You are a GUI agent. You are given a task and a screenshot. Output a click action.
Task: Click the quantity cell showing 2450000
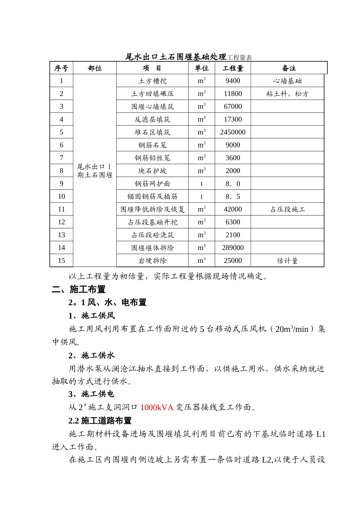(x=233, y=132)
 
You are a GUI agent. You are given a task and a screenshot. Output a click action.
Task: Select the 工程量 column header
(x=233, y=68)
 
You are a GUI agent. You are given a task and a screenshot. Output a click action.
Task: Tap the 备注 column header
(x=289, y=68)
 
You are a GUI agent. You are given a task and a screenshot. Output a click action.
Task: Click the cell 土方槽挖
(x=152, y=81)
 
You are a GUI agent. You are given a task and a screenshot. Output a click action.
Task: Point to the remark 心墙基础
(x=287, y=81)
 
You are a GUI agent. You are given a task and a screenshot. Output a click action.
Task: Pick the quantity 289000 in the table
(x=233, y=248)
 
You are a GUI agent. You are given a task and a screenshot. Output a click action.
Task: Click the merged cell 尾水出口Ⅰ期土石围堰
(x=95, y=171)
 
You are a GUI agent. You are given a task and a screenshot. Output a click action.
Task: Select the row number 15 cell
(x=61, y=261)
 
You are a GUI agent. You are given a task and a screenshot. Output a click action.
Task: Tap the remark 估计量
(x=287, y=261)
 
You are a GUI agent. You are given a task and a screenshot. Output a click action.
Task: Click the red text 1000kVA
(x=157, y=408)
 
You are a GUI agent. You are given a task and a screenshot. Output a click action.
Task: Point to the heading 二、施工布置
(x=79, y=289)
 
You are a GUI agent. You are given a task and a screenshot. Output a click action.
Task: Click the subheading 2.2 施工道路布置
(x=100, y=421)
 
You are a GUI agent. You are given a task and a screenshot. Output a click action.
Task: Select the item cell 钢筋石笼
(x=152, y=145)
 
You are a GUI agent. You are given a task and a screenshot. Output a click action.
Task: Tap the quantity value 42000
(x=233, y=209)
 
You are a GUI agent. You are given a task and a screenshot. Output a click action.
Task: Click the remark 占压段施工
(x=287, y=209)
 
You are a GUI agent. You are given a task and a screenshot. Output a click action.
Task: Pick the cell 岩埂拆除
(x=152, y=261)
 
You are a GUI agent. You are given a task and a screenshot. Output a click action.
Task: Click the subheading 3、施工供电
(x=91, y=394)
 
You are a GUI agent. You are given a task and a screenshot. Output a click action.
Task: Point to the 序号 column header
(x=61, y=68)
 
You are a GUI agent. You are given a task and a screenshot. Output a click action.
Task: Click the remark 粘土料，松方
(x=287, y=94)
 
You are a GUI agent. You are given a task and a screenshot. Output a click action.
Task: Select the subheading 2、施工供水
(x=91, y=355)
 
